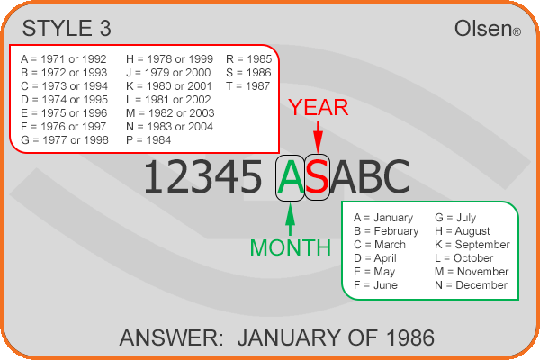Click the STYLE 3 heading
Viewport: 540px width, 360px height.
coord(67,28)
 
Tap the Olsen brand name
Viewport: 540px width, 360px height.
coord(488,28)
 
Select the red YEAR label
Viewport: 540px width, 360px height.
coord(319,107)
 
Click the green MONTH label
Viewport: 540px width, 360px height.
coord(291,247)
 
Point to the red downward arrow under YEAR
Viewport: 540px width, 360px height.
coord(319,137)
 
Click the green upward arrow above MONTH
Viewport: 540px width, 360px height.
coord(291,220)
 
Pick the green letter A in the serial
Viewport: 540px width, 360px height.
coord(291,177)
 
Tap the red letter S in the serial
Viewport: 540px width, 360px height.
coord(317,177)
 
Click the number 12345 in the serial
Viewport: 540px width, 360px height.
coord(202,177)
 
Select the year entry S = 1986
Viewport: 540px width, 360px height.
coord(248,73)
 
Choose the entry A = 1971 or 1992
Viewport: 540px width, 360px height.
coord(64,59)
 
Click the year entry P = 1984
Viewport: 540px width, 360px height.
coord(148,140)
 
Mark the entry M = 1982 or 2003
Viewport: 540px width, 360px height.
coord(170,113)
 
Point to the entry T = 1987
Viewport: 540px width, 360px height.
coord(248,86)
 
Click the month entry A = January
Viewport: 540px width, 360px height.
coord(383,218)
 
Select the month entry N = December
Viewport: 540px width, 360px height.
coord(471,285)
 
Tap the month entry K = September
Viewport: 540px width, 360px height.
coord(472,245)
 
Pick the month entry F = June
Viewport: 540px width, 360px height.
coord(375,285)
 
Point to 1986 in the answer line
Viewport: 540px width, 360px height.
coord(410,337)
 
